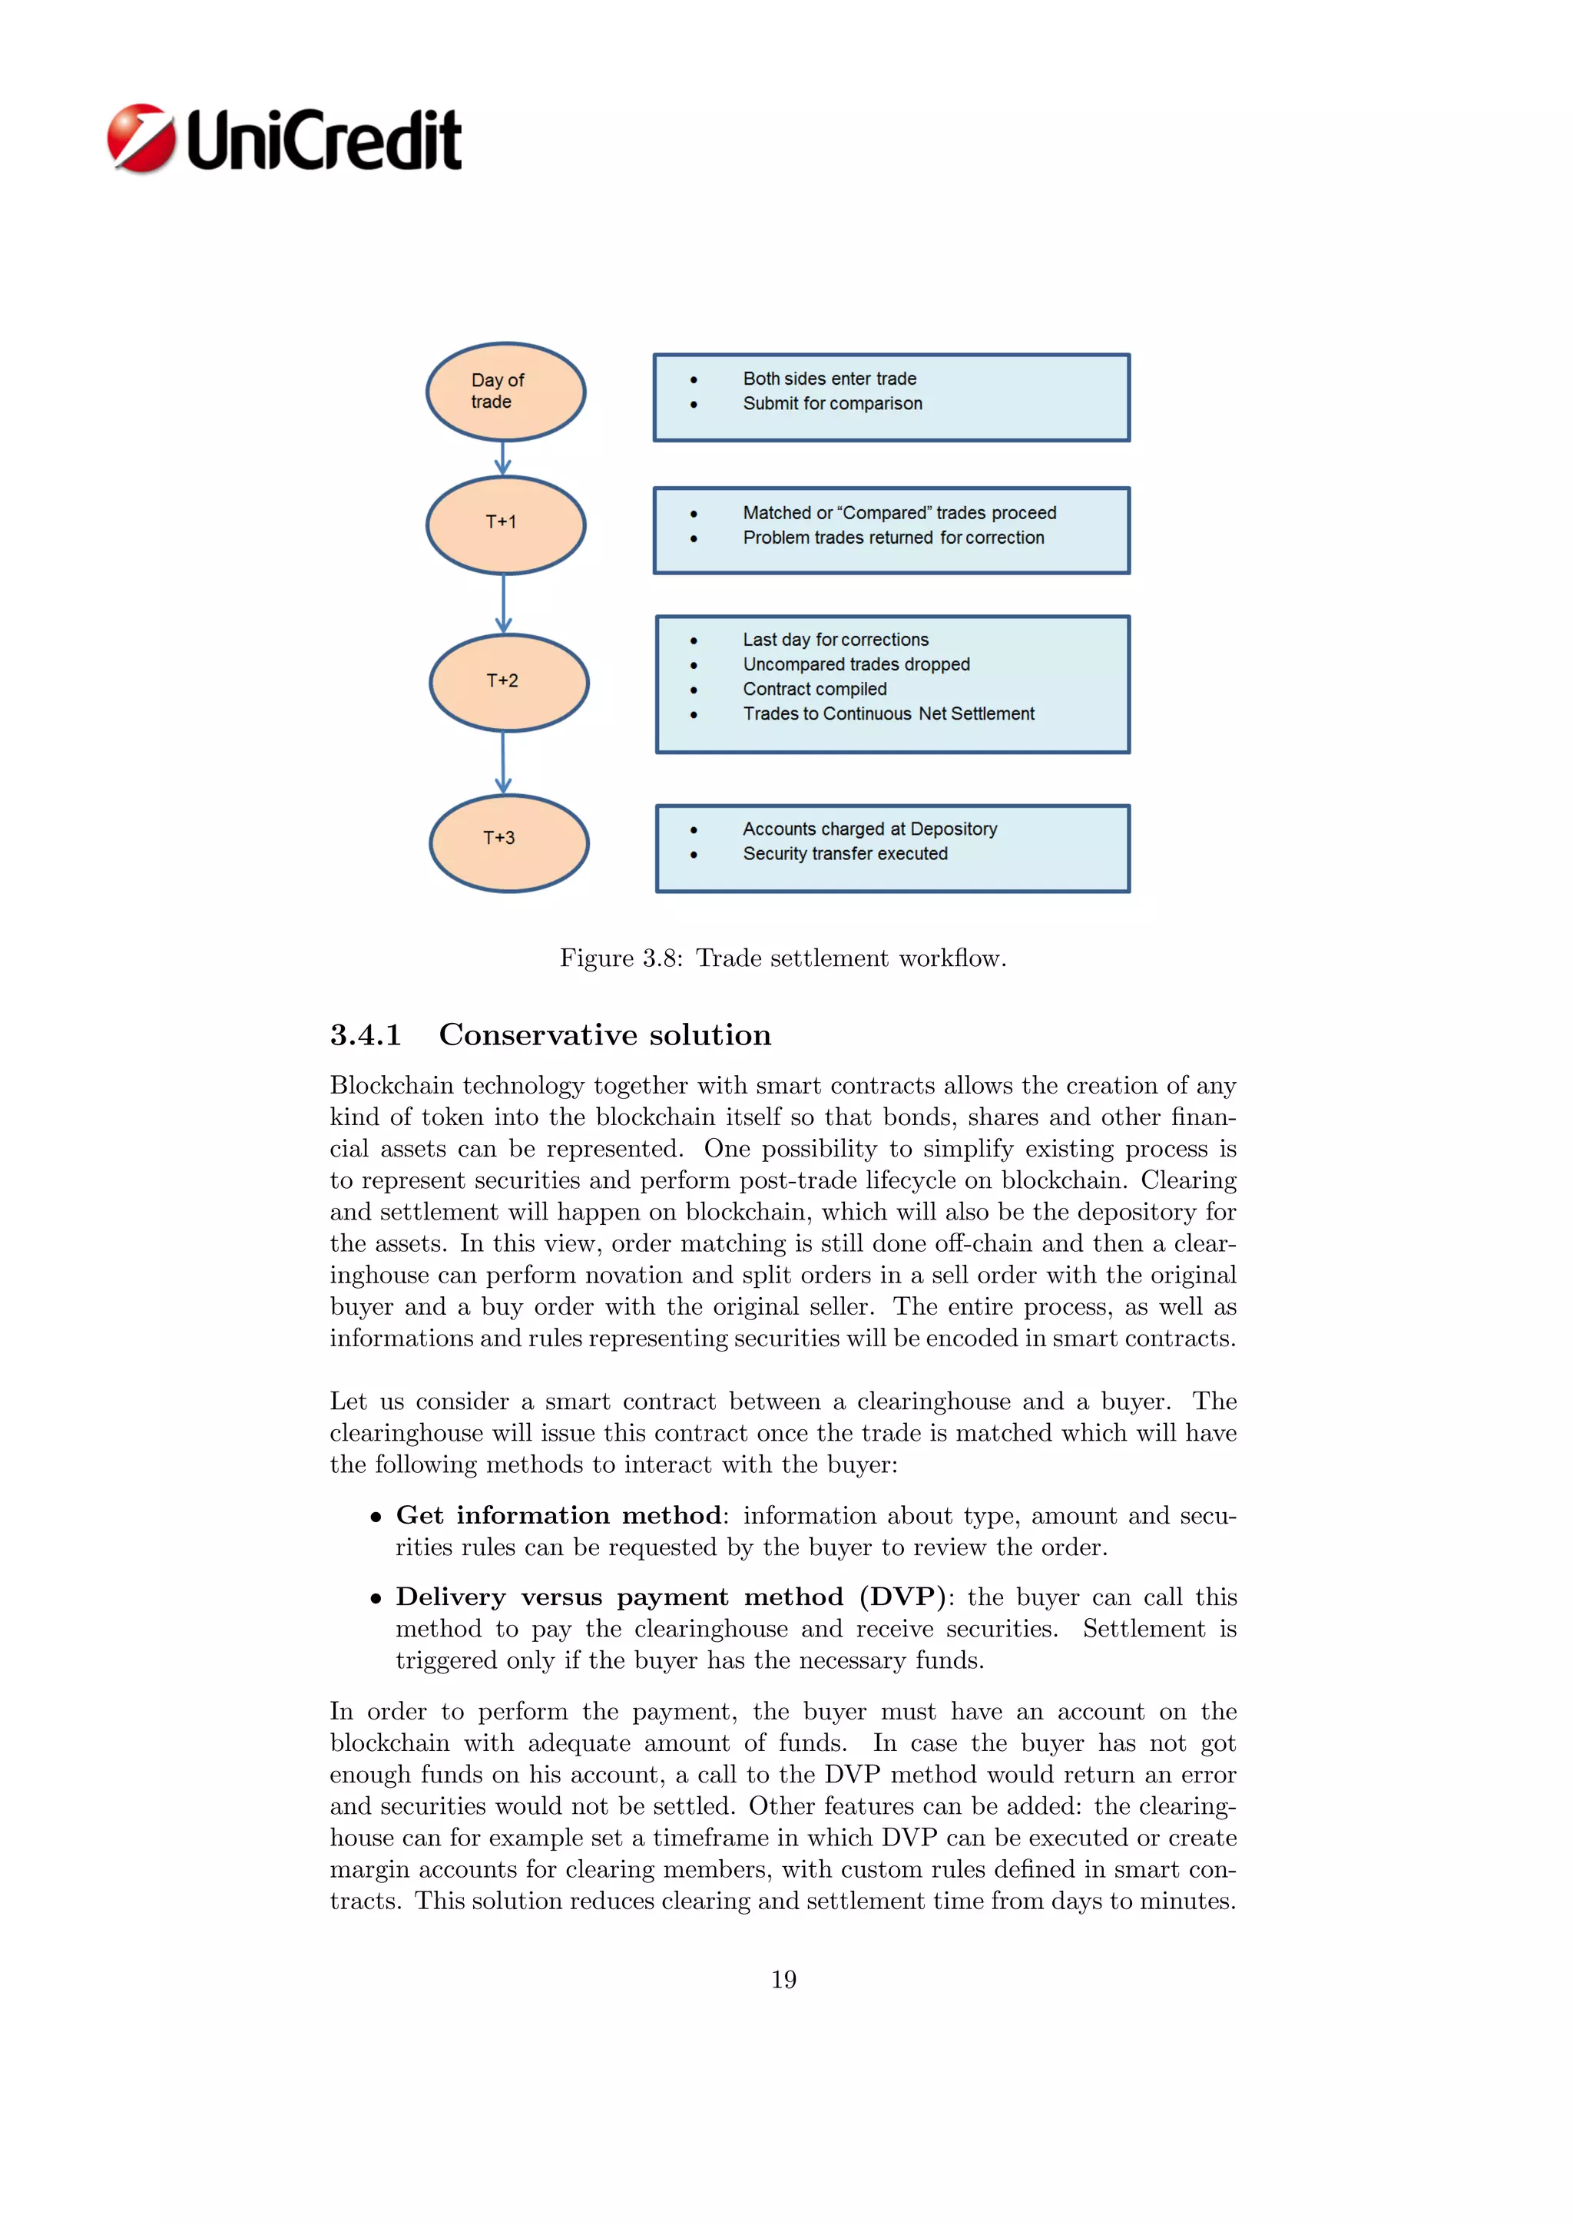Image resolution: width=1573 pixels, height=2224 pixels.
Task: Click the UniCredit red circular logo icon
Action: (141, 138)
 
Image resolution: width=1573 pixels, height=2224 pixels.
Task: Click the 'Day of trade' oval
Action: (505, 392)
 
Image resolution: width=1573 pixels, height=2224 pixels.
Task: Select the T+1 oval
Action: (505, 524)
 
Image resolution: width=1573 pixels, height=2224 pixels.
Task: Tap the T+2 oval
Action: (508, 682)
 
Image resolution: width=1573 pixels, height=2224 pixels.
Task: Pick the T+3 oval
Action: (508, 842)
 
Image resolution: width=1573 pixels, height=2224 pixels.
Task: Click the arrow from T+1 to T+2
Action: (503, 604)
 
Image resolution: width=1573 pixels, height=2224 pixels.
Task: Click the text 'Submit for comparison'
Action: (832, 404)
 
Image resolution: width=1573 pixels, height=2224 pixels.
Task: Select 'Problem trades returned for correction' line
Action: (893, 538)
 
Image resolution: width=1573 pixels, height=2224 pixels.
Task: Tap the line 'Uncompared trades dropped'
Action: (856, 664)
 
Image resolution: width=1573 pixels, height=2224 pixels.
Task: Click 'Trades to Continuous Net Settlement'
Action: (888, 714)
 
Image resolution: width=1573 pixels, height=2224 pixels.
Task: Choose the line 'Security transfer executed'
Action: (845, 854)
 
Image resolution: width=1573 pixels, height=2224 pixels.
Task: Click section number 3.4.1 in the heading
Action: (365, 1035)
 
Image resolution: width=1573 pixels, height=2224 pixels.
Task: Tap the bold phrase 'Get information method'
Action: (558, 1515)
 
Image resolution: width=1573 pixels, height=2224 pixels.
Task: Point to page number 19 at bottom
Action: (783, 1979)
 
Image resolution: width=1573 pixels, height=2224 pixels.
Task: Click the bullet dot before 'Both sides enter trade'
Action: (694, 379)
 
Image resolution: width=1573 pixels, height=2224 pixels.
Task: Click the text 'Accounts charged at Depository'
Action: (869, 829)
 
